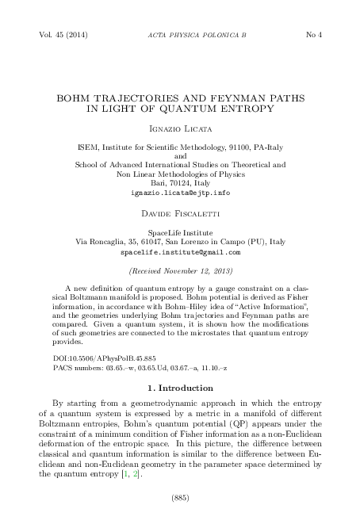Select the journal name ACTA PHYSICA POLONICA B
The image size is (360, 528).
(180, 36)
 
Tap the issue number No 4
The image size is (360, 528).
(313, 36)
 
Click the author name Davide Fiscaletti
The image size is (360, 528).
(180, 214)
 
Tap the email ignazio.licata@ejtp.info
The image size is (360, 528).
(180, 193)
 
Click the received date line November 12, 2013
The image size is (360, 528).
(180, 270)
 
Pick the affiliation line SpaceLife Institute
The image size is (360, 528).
(180, 231)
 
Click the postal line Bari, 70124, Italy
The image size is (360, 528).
(180, 183)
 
